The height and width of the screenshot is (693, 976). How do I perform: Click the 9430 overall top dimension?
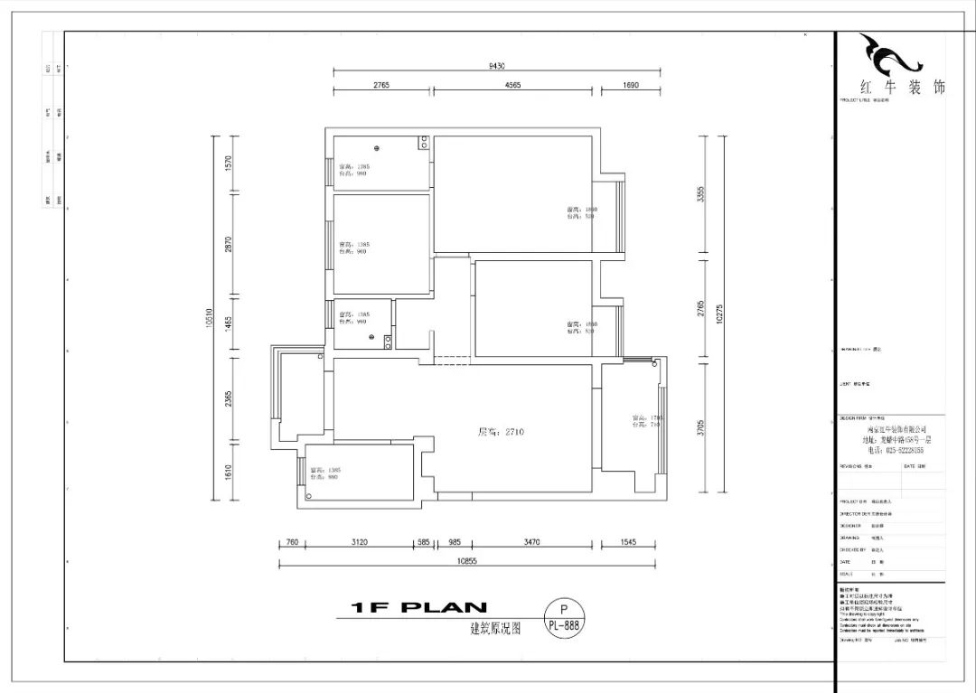497,65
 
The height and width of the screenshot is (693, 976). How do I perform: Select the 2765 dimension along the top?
380,85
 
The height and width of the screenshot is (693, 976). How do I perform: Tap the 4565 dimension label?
511,85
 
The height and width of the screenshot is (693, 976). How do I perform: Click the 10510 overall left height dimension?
209,317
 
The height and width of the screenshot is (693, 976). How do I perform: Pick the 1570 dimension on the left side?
230,164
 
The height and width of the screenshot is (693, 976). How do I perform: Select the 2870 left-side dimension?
230,245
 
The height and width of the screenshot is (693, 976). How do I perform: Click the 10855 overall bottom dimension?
467,560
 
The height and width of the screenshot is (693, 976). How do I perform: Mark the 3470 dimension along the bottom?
531,541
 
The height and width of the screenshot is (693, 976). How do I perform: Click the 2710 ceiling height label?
501,432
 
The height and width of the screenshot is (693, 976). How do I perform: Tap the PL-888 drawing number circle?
565,618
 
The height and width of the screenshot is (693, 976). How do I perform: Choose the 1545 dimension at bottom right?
629,541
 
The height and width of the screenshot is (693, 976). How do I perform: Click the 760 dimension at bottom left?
292,541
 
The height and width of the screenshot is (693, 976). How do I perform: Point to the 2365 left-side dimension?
230,398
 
